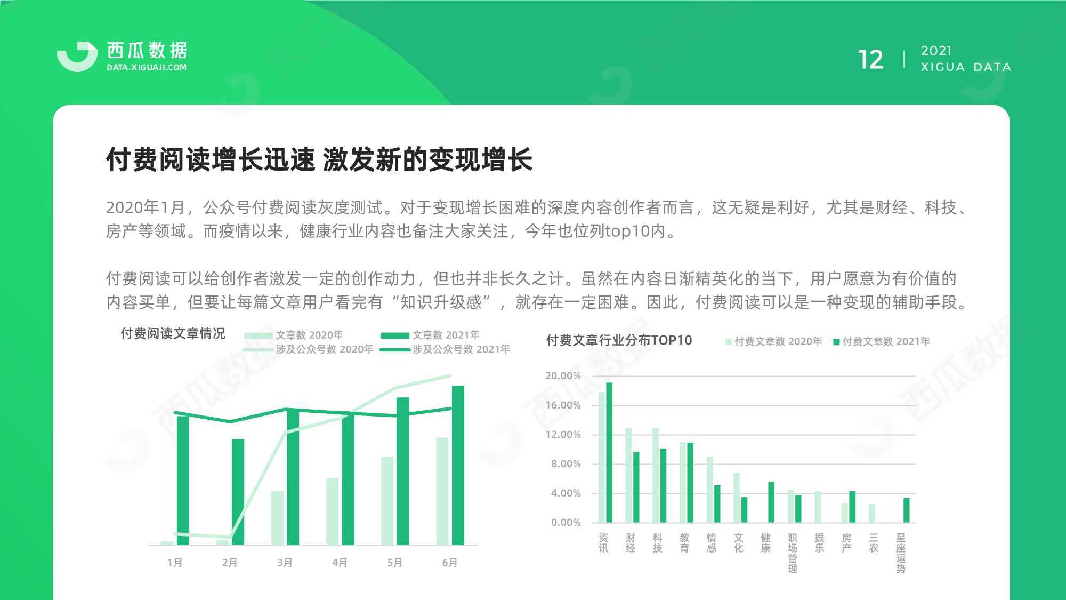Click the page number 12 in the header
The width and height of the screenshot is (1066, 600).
coord(870,59)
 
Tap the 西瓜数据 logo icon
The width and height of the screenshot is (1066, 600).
coord(77,55)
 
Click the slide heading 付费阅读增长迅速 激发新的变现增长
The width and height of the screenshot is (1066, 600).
coord(319,159)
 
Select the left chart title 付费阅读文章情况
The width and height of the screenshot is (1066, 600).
coord(173,333)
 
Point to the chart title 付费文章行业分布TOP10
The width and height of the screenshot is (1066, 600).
coord(619,340)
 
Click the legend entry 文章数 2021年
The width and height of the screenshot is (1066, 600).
coord(430,335)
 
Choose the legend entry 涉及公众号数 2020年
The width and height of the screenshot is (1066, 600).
coord(309,349)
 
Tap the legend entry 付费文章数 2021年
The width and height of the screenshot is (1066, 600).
coord(882,341)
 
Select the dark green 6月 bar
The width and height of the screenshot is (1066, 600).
coord(458,465)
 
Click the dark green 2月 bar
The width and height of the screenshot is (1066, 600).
coord(238,492)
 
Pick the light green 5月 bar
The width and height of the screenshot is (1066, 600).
coord(387,501)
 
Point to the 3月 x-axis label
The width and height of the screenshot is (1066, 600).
coord(285,562)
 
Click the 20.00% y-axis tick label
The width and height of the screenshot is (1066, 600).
coord(563,375)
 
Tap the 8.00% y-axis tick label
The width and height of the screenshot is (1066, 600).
coord(566,463)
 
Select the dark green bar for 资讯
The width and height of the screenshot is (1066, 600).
coord(609,452)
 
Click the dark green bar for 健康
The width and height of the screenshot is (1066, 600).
coord(771,502)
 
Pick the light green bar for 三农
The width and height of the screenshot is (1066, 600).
coord(871,513)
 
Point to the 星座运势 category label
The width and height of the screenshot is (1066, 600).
coord(901,553)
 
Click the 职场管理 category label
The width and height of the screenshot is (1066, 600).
coord(793,553)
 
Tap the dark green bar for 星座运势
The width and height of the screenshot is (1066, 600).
coord(907,510)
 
